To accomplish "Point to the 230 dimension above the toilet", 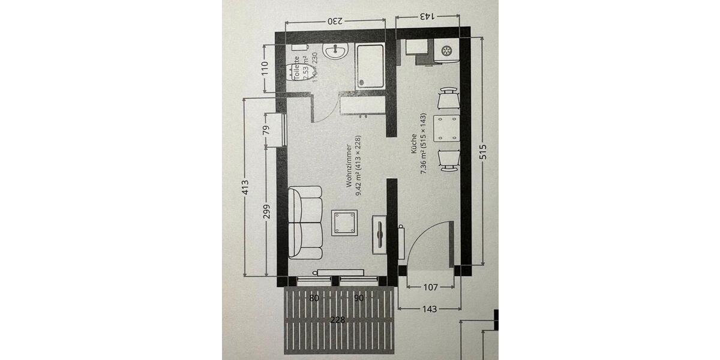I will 335,21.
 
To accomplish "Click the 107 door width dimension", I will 430,287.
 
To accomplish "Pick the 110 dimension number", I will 265,69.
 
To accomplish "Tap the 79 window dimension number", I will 266,131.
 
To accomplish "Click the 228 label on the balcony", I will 338,320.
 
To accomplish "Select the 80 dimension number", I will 313,298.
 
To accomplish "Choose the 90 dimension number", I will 359,298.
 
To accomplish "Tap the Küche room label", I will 414,144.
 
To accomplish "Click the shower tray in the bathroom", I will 370,65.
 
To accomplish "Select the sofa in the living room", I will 305,223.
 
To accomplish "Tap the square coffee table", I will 346,223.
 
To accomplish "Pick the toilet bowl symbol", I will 293,71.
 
